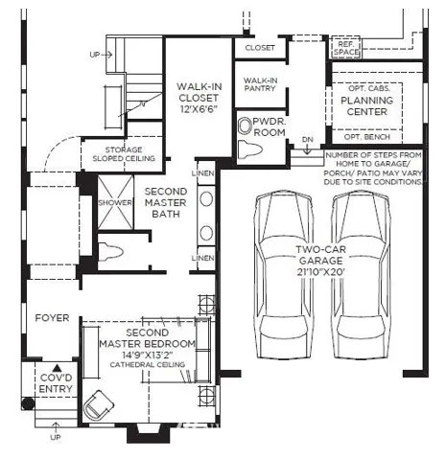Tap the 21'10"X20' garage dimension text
pos(320,272)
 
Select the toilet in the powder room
pos(250,149)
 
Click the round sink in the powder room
pos(246,126)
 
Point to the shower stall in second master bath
pos(115,202)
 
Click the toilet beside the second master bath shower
pos(110,252)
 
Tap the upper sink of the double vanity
pos(206,199)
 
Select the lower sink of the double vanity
pos(206,233)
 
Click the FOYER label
pos(52,318)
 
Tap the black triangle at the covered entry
pos(57,368)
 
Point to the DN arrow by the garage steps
pos(307,149)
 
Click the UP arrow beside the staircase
pos(106,55)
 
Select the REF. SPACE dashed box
pos(346,48)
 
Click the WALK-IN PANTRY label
pos(260,84)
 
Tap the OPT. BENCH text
pos(367,137)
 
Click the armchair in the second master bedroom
pos(99,404)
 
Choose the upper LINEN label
pos(203,173)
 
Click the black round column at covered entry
pos(28,403)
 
